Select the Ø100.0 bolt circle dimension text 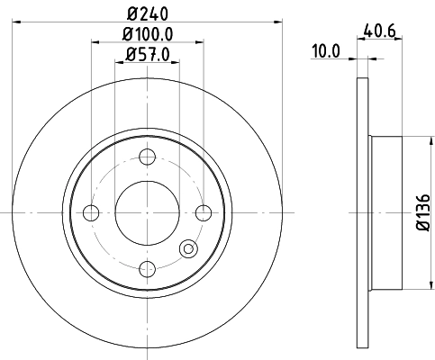147,33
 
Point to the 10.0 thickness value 325,51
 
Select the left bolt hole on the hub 90,212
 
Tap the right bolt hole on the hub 204,212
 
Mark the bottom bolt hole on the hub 147,267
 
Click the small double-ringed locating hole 188,250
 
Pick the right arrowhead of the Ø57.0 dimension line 175,62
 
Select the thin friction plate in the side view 363,212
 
